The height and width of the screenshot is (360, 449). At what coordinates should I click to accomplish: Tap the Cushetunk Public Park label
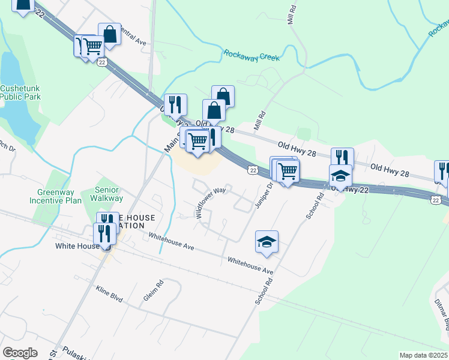pyautogui.click(x=20, y=92)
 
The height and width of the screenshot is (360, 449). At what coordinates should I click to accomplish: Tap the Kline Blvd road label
pyautogui.click(x=109, y=293)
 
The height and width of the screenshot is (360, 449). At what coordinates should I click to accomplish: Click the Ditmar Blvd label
pyautogui.click(x=441, y=314)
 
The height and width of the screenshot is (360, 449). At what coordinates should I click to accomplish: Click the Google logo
pyautogui.click(x=20, y=353)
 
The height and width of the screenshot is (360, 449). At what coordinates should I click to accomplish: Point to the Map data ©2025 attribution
pyautogui.click(x=424, y=355)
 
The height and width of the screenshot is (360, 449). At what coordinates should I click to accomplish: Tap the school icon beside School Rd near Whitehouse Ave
pyautogui.click(x=267, y=242)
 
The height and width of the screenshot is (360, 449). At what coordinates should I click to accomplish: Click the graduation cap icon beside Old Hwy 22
pyautogui.click(x=340, y=176)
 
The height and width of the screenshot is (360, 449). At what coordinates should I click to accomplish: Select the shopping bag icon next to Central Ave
pyautogui.click(x=110, y=34)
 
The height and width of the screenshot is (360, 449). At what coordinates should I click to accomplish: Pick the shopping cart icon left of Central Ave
pyautogui.click(x=92, y=46)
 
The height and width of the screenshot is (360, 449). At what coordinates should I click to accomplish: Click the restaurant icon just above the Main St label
pyautogui.click(x=175, y=105)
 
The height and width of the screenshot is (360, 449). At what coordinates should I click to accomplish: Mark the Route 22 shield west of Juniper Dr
pyautogui.click(x=253, y=171)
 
